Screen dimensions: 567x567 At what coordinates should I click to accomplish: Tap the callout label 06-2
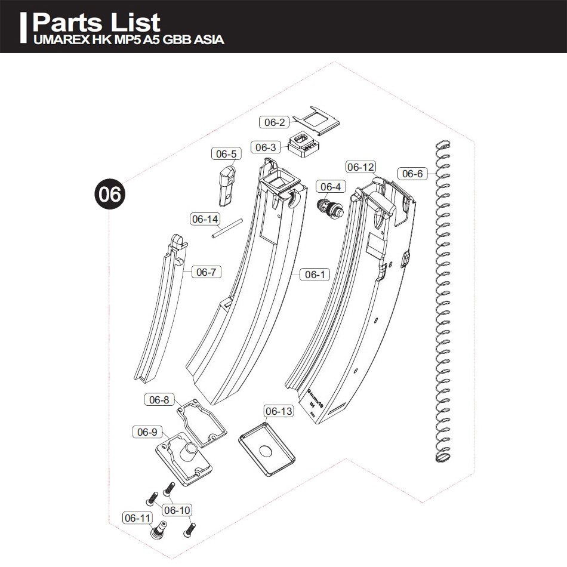(275, 122)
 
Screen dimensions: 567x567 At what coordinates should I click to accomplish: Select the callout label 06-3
(266, 147)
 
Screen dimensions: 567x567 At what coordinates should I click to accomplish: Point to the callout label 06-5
(226, 154)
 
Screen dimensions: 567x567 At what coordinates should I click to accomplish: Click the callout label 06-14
(205, 219)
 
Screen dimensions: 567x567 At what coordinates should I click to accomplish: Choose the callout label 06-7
(205, 272)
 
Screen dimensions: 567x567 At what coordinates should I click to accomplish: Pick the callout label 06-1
(315, 275)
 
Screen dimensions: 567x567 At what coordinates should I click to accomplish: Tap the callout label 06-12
(360, 167)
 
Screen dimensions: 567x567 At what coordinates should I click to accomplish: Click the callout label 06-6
(412, 174)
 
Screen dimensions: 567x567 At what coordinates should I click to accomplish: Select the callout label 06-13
(279, 411)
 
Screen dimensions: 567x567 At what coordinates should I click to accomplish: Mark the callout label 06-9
(147, 432)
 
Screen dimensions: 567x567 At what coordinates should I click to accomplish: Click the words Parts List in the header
(97, 23)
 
